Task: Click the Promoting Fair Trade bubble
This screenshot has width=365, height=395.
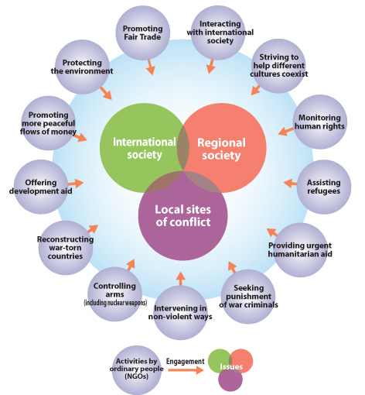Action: [x=142, y=33]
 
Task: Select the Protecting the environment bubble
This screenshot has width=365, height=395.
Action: [x=82, y=67]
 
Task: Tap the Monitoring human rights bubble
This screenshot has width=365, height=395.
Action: [x=319, y=122]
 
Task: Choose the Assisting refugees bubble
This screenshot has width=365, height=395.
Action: [x=324, y=187]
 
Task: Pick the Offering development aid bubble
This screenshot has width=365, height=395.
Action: [x=41, y=187]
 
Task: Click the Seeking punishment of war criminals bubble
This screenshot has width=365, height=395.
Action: [x=248, y=297]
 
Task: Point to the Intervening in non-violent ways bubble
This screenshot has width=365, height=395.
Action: [x=180, y=313]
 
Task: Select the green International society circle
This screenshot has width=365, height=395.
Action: [x=145, y=148]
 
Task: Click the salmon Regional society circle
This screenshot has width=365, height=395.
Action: [x=221, y=148]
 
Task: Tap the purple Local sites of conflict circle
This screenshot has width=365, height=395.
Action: [x=183, y=216]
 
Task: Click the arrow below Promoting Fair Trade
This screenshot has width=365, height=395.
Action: [x=150, y=67]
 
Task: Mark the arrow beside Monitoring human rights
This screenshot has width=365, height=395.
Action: [x=286, y=131]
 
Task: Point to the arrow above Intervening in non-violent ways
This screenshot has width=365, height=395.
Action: [x=181, y=279]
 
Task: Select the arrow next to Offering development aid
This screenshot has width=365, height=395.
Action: [x=76, y=183]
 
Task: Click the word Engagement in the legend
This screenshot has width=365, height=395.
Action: [x=185, y=362]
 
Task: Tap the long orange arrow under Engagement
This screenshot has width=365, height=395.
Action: [x=186, y=370]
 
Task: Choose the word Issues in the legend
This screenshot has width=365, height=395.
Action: [x=231, y=366]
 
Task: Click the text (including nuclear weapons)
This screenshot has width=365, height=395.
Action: [x=115, y=303]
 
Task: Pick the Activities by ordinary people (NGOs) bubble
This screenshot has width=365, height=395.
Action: [x=137, y=370]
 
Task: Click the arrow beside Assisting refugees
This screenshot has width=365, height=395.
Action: [x=290, y=183]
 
